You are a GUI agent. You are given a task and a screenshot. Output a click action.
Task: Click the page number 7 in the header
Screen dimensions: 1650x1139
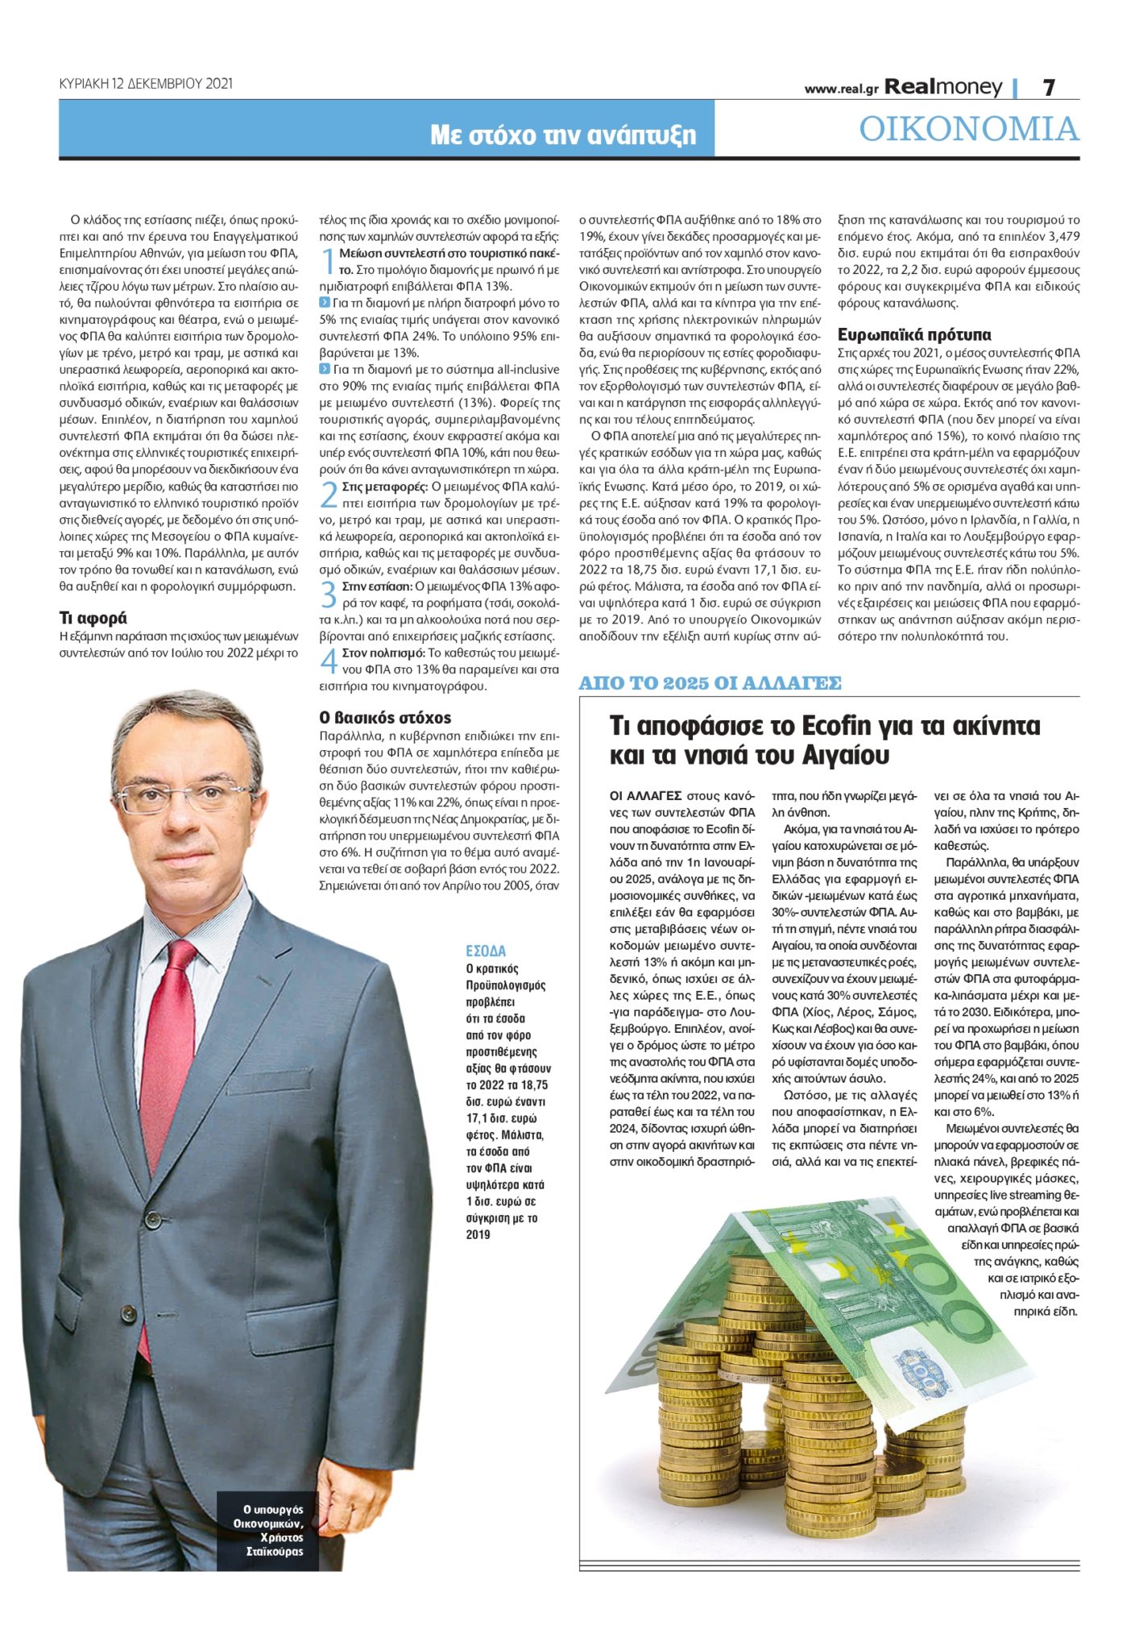(1049, 87)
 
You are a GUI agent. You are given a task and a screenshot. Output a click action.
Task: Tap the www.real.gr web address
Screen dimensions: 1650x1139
(840, 89)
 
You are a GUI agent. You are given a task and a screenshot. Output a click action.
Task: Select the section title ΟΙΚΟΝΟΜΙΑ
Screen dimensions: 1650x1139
(968, 129)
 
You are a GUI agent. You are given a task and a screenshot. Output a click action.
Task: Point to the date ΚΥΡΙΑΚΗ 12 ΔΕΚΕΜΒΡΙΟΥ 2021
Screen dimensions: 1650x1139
(146, 83)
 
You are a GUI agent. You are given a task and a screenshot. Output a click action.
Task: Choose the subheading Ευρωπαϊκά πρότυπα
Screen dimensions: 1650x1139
(914, 334)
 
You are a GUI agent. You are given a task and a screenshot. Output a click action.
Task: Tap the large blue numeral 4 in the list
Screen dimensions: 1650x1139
(328, 661)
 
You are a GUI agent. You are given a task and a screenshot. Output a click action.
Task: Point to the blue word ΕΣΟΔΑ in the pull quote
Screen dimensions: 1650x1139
(486, 951)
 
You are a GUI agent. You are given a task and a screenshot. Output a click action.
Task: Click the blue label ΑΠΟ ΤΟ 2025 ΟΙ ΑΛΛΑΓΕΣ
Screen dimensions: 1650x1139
(710, 683)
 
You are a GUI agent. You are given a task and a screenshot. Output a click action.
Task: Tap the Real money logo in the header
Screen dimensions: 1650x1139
(943, 87)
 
